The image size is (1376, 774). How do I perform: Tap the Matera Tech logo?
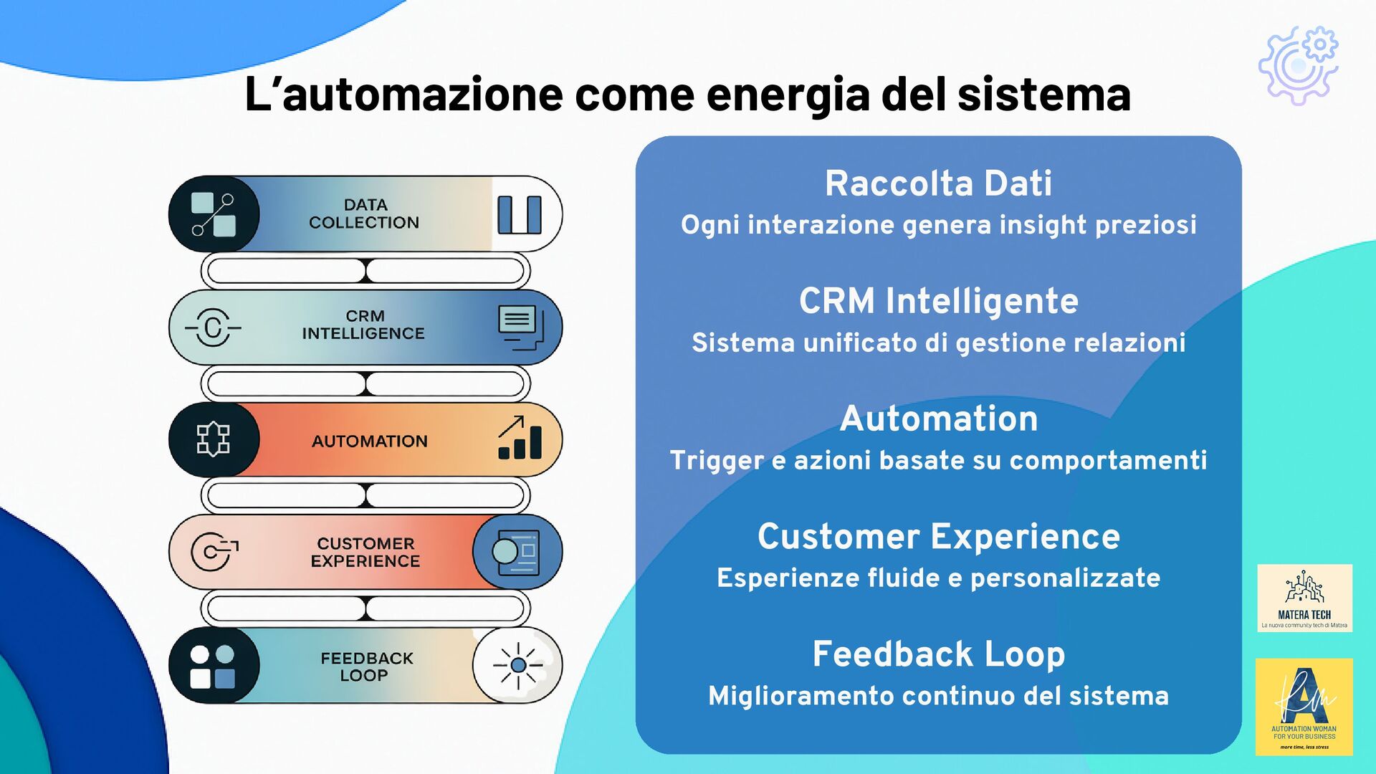click(1304, 598)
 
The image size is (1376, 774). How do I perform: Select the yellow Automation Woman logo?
click(1304, 707)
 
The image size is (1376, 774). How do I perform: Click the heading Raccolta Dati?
click(938, 183)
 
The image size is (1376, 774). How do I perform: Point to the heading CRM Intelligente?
click(938, 301)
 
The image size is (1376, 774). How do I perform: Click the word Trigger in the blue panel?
click(716, 460)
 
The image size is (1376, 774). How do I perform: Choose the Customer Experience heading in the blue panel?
click(938, 537)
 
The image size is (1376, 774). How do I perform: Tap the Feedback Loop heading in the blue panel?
click(938, 654)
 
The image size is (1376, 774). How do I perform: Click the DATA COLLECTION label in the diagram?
click(364, 214)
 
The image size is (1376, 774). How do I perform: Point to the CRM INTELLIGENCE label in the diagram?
click(363, 325)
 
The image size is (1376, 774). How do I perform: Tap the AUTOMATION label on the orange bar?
click(369, 441)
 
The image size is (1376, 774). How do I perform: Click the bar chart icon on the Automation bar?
click(520, 438)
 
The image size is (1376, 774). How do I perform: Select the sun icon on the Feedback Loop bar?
click(517, 666)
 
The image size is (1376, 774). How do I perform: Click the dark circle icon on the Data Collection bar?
click(214, 214)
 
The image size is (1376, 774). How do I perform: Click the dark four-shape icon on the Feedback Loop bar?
click(213, 666)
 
